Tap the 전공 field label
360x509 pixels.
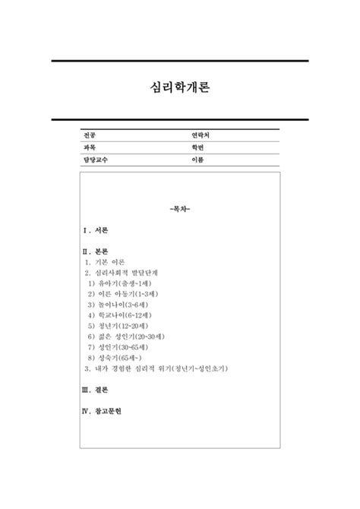click(x=90, y=134)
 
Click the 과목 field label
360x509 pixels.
click(x=90, y=147)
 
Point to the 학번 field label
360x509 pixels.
click(x=198, y=147)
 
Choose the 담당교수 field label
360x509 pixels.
click(x=96, y=160)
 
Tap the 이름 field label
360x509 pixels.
click(x=198, y=160)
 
